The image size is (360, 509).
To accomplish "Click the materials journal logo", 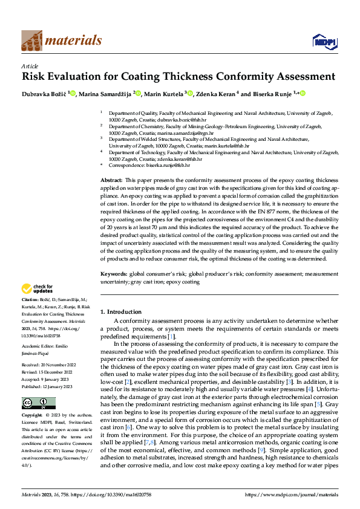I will [61, 41].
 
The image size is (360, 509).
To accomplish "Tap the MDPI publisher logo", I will [324, 41].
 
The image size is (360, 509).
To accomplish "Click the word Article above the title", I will [30, 66].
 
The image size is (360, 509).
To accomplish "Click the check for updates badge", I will [38, 289].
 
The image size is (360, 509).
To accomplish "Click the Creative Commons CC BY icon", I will [38, 403].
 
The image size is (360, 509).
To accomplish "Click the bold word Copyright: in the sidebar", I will [32, 416].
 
